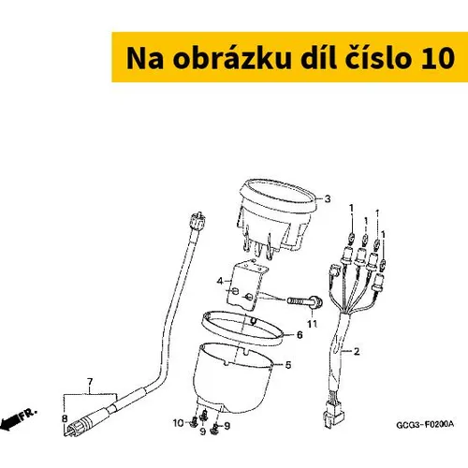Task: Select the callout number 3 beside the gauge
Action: [328, 198]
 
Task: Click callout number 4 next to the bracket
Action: [220, 281]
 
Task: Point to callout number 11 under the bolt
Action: [312, 324]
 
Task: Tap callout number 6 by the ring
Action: [300, 335]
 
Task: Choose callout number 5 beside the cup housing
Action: [288, 365]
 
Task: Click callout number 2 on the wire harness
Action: [357, 351]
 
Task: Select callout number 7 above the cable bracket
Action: [90, 382]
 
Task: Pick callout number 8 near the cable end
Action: [65, 418]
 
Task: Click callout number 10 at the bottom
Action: [178, 423]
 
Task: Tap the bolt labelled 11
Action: [304, 302]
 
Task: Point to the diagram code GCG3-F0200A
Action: [425, 425]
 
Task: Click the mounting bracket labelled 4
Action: [247, 285]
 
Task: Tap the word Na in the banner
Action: [145, 58]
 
